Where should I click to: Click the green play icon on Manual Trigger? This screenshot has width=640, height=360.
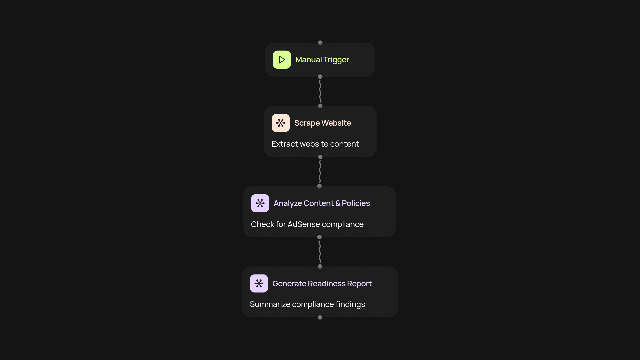[x=282, y=60]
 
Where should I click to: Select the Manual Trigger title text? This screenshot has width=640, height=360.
[x=322, y=60]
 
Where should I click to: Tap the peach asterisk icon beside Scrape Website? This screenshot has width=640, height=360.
[x=281, y=123]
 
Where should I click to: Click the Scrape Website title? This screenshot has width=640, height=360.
[x=322, y=123]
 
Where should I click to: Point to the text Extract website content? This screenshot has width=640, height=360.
[x=315, y=144]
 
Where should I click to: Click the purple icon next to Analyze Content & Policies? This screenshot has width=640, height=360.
[x=260, y=203]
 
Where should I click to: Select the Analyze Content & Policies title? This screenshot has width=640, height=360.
[x=322, y=203]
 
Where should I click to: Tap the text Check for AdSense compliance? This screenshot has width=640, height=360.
[x=307, y=224]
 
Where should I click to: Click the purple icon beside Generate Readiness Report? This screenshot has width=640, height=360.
[x=259, y=283]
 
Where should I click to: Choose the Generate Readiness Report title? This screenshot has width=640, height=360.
[x=322, y=283]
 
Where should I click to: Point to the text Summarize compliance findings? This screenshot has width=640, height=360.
[x=307, y=304]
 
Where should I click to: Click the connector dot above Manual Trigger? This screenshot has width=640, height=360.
[x=320, y=43]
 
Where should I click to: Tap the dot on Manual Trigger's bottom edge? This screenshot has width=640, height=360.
[x=320, y=77]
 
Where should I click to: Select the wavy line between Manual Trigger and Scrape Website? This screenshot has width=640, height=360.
[x=320, y=91]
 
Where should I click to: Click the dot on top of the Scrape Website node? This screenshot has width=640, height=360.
[x=320, y=106]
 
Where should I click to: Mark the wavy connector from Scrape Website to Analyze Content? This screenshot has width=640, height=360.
[x=320, y=172]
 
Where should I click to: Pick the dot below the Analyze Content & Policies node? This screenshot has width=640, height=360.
[x=319, y=237]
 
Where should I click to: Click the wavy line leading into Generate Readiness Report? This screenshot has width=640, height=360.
[x=320, y=252]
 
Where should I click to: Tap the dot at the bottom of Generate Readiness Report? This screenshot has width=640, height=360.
[x=320, y=317]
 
